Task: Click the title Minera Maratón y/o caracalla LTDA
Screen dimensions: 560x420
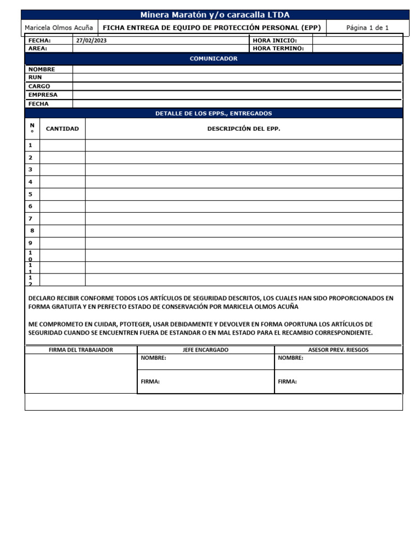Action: click(214, 15)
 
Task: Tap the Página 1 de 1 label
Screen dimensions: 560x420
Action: click(367, 28)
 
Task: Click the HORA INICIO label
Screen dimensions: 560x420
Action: click(275, 40)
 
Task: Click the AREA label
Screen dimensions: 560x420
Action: click(38, 48)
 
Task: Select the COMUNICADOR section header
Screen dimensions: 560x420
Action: click(213, 59)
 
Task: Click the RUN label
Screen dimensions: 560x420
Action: click(35, 78)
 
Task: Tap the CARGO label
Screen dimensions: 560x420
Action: click(39, 86)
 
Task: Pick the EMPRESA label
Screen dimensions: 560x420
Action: click(43, 95)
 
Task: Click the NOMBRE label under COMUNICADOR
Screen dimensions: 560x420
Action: click(42, 69)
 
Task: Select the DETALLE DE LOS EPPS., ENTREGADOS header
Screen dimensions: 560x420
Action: click(213, 114)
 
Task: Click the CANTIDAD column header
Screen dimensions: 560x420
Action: click(62, 129)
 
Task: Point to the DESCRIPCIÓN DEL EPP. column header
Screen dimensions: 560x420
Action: click(243, 129)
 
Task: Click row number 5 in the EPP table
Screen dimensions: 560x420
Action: click(31, 194)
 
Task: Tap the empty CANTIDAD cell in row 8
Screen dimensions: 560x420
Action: click(62, 231)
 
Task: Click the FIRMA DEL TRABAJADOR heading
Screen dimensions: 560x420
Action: click(81, 350)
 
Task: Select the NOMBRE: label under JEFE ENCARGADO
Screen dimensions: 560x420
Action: click(154, 358)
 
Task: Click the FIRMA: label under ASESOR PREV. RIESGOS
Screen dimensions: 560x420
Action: click(287, 382)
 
